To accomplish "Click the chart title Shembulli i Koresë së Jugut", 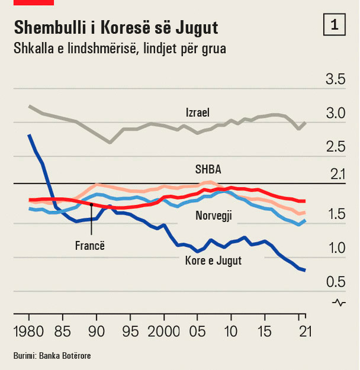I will pyautogui.click(x=115, y=27).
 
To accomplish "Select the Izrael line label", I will pyautogui.click(x=197, y=112).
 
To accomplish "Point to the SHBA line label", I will pyautogui.click(x=208, y=169).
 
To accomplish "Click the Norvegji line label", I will pyautogui.click(x=213, y=216).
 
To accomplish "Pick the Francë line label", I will pyautogui.click(x=90, y=245).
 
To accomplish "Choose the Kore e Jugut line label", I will pyautogui.click(x=213, y=260).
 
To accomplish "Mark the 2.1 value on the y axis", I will pyautogui.click(x=335, y=174).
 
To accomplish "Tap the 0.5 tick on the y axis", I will pyautogui.click(x=335, y=282).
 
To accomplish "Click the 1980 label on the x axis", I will pyautogui.click(x=28, y=331).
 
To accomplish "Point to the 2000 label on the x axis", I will pyautogui.click(x=164, y=331).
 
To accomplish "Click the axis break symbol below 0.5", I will pyautogui.click(x=339, y=303).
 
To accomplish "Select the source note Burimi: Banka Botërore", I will pyautogui.click(x=52, y=356).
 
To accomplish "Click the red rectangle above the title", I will pyautogui.click(x=34, y=2).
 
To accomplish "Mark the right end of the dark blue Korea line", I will pyautogui.click(x=304, y=270).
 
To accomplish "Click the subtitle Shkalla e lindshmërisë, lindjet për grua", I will pyautogui.click(x=120, y=49).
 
